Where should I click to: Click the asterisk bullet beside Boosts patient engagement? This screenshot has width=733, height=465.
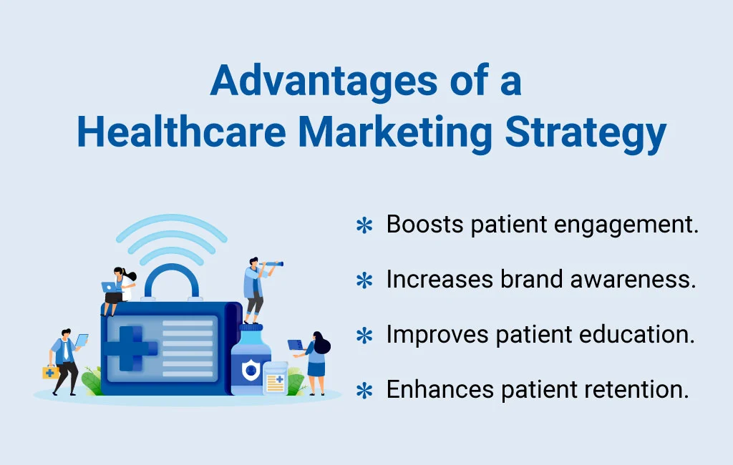[365, 226]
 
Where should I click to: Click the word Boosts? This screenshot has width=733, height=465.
[424, 225]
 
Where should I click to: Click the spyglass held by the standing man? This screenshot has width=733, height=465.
[273, 265]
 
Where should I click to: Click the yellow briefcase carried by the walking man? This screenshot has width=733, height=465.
[50, 372]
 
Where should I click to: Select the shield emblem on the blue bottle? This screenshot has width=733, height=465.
[250, 370]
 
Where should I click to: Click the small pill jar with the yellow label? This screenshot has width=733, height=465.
[275, 379]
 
